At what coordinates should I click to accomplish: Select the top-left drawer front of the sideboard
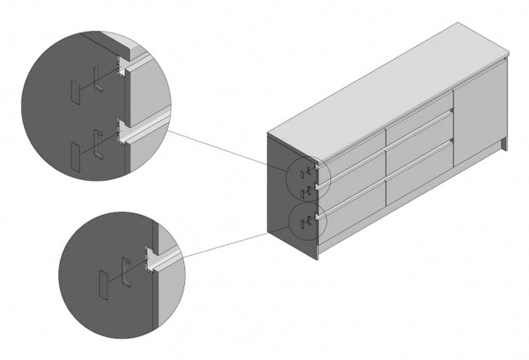click(352, 153)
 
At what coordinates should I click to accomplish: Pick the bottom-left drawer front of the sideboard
click(352, 218)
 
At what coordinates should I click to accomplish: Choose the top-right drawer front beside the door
click(418, 119)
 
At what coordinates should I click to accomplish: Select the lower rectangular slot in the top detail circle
click(74, 156)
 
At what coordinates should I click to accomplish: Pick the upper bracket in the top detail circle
click(99, 78)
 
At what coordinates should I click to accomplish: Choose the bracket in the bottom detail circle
click(126, 271)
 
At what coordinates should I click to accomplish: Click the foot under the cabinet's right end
click(504, 144)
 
